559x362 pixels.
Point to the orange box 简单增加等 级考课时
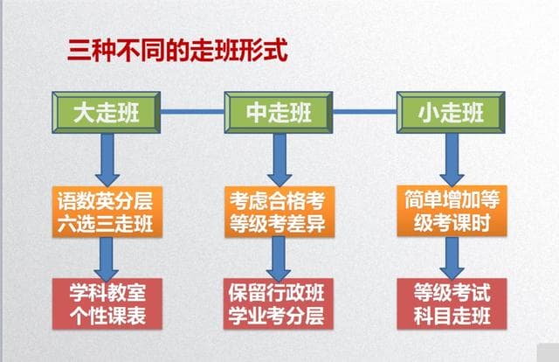coord(448,211)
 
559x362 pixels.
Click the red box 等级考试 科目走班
coord(449,303)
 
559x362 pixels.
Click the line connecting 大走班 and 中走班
coord(193,112)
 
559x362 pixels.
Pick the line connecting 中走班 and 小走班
coord(366,112)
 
